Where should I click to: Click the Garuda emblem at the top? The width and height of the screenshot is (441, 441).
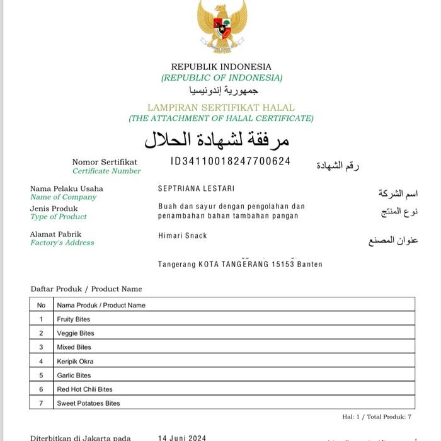point(222,26)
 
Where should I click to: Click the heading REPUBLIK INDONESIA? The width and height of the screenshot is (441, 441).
point(221,67)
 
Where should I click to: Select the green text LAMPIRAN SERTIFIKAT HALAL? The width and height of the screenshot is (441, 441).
point(221,108)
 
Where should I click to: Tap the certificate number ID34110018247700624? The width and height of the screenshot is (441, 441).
point(231,161)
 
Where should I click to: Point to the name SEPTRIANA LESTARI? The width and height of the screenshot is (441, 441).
point(196,188)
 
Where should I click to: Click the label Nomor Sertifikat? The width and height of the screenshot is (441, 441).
point(105,162)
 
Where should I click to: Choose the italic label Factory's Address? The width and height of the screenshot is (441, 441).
point(62,243)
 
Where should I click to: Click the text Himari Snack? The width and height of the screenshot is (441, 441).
point(183,236)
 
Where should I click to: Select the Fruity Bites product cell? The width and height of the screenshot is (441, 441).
point(74,319)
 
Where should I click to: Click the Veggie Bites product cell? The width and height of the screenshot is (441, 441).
point(76,333)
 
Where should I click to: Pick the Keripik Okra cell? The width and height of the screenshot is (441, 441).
point(75,361)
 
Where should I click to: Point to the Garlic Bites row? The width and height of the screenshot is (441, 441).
point(74,375)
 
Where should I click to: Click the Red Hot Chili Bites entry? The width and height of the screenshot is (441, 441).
point(84,389)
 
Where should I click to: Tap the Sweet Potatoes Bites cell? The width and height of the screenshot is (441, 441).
point(88,403)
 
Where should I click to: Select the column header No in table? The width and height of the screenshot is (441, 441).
point(42,305)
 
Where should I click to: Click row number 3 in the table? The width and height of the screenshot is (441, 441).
point(42,347)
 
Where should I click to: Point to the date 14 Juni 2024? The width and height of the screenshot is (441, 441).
point(182,437)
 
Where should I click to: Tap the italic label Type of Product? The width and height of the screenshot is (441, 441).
point(59,217)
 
